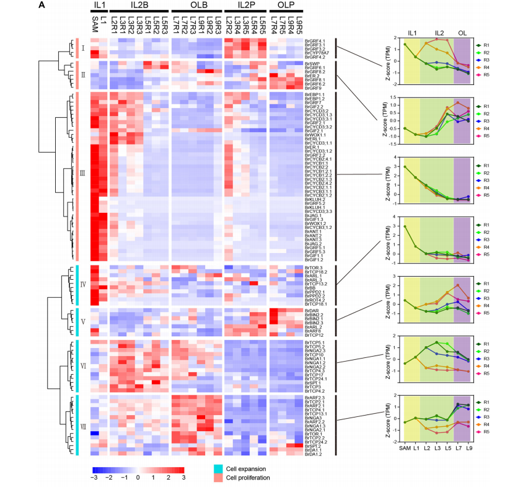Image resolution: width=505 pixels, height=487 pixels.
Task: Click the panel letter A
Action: click(41, 6)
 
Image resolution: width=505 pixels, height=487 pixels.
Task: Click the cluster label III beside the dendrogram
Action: click(82, 176)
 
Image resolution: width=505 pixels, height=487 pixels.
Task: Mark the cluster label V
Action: click(84, 323)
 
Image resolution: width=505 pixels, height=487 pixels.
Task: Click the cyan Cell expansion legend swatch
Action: click(218, 467)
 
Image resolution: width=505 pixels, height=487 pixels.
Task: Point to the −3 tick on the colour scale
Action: click(93, 478)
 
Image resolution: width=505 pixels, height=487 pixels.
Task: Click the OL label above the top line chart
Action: click(462, 32)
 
